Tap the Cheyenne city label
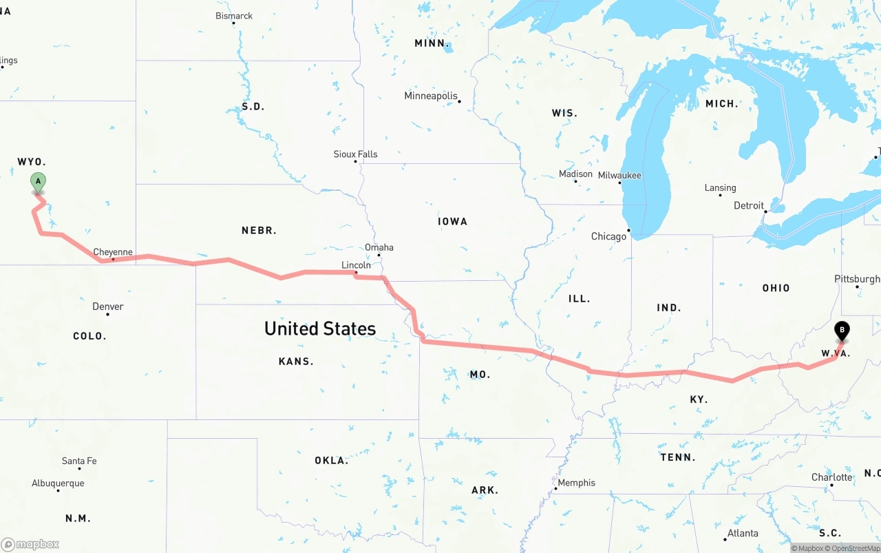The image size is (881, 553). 113,252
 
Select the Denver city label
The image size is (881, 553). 108,306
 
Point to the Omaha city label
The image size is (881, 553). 379,247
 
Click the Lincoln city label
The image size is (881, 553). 356,265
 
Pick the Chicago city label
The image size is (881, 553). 609,236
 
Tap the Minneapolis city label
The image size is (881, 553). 431,96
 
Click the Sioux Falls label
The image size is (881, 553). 355,154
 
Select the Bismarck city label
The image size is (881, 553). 234,16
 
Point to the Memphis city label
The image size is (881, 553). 577,483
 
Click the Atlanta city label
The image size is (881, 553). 743,533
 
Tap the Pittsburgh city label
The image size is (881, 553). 857,279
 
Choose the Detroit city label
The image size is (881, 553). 749,205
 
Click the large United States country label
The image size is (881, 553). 320,328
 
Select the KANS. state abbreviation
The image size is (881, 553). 296,362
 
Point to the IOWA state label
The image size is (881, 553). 452,222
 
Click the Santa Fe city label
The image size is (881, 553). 79,461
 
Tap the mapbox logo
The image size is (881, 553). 30,544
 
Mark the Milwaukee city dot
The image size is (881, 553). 619,182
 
